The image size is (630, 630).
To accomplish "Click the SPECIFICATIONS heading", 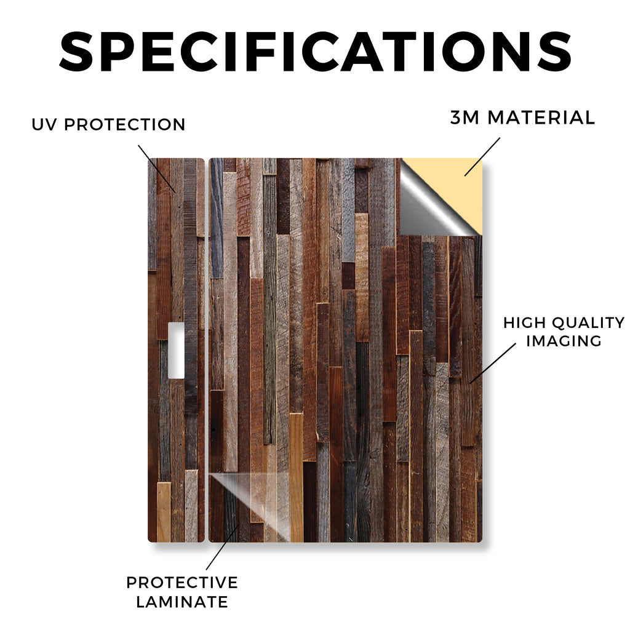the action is coord(316,52).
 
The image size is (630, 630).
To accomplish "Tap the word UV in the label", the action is coord(44,124).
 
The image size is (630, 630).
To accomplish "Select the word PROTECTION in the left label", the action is coord(124,124).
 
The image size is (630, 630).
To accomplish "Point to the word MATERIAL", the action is coord(541,118).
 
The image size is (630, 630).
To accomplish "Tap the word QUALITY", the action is coord(589,322).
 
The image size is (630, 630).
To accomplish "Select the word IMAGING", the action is coord(564,341).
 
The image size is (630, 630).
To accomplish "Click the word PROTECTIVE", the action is coord(182,583).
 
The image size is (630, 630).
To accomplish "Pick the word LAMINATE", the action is coord(182,602).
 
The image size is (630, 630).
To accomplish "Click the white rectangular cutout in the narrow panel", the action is coord(176,350).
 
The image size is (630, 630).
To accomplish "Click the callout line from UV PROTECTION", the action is coord(157,169).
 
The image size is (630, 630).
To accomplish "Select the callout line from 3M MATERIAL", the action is coord(482,157).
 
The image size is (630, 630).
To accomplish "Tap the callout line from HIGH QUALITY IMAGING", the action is coord(493,363).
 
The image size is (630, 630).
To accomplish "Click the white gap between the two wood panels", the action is coord(207,349).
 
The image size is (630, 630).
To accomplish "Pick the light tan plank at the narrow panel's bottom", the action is coord(164,512).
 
